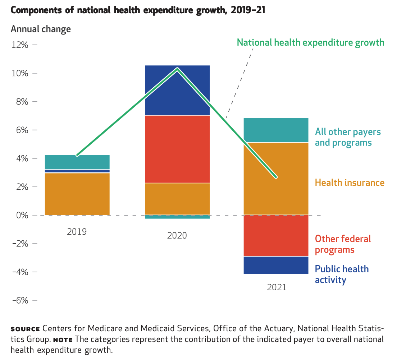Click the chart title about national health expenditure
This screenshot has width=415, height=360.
138,10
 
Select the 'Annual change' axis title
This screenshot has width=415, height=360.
41,29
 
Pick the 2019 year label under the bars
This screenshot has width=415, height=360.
77,231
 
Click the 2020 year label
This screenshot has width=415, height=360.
177,236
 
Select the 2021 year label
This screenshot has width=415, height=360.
277,287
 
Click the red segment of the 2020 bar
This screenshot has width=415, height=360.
177,149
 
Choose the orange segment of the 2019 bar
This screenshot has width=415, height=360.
77,194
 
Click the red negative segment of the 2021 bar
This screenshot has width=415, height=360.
276,236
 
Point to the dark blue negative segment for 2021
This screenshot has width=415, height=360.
276,265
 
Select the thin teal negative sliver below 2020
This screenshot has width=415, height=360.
177,217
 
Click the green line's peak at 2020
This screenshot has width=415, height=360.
177,68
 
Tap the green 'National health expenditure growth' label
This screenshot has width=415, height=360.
310,43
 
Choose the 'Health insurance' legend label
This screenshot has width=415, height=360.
350,183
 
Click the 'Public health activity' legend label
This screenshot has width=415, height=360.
342,274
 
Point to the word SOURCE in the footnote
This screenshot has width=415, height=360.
25,329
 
